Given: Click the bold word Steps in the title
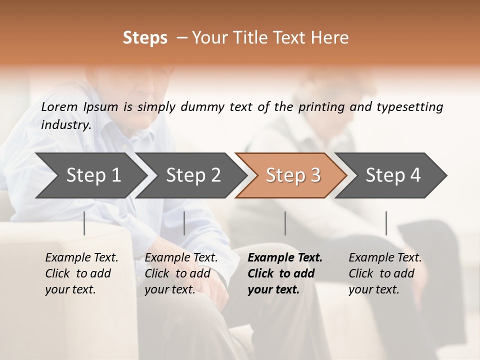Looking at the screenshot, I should coord(145,38).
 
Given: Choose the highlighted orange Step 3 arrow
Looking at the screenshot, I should coord(293,175).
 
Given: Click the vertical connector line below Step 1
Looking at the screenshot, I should coord(84,223).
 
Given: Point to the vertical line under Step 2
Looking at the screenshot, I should coord(184,223).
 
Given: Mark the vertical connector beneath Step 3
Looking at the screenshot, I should coord(285,223).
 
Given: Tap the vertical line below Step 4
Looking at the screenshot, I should coord(386,223).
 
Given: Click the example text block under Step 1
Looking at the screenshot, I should coord(81,273).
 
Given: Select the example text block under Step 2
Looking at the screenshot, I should coord(181,273).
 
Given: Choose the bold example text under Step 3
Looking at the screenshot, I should coord(285,273).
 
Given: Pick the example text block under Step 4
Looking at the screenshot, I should coord(385,273).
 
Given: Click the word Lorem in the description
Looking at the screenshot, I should coord(59,106).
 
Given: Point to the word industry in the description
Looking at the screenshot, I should coord(65,125).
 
